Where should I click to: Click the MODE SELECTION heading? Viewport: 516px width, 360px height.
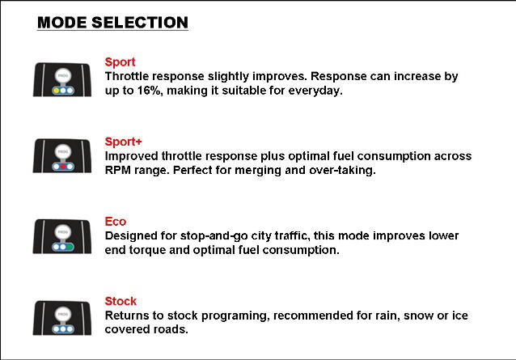112,23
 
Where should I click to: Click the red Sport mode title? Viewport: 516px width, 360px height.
121,61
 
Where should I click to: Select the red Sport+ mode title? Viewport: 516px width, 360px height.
124,142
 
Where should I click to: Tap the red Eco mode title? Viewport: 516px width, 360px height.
116,222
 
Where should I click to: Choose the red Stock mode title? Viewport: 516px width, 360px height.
121,301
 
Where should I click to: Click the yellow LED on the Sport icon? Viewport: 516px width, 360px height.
57,91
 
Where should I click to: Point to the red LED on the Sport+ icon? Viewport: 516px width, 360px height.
63,167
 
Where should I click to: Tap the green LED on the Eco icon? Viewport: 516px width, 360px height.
70,247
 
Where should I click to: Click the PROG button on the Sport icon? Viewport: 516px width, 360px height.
63,75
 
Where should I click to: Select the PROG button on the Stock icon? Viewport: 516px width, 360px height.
63,314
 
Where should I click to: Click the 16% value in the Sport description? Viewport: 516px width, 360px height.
150,91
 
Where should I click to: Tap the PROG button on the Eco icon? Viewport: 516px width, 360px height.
63,231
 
